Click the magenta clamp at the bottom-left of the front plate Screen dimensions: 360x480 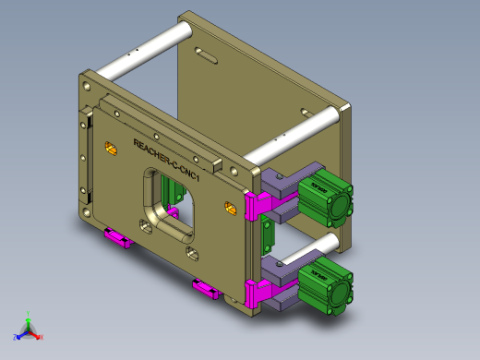pyautogui.click(x=117, y=240)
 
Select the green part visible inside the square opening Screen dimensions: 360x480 pyautogui.click(x=170, y=191)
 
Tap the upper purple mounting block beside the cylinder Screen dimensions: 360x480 pyautogui.click(x=278, y=185)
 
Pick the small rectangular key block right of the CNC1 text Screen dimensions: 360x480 pyautogui.click(x=219, y=166)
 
